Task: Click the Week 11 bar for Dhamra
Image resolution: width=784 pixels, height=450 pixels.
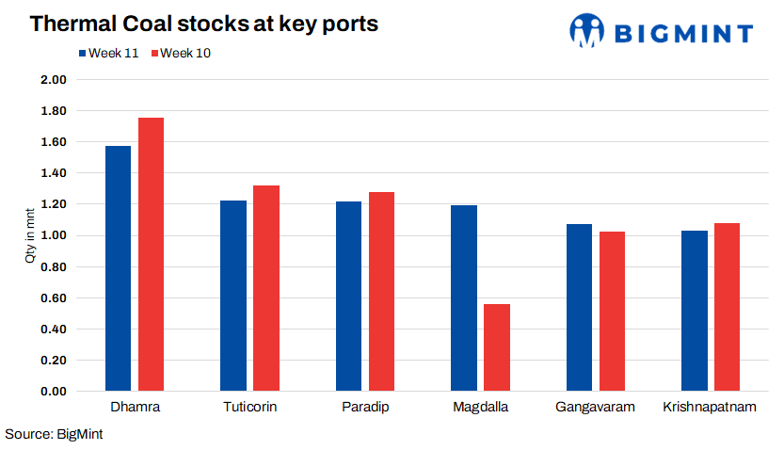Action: [118, 268]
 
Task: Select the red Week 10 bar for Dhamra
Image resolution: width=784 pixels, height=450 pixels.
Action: [151, 254]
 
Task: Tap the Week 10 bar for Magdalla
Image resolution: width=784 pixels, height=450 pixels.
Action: [497, 347]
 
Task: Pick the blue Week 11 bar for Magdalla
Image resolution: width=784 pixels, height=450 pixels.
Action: [464, 297]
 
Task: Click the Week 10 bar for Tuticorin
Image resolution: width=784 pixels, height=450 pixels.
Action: [266, 288]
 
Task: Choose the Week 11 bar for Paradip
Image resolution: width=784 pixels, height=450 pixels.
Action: [348, 297]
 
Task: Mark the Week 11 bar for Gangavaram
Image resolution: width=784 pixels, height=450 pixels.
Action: [579, 307]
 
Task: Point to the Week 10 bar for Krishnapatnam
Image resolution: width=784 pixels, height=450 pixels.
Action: [728, 307]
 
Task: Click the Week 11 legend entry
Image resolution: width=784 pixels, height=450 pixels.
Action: [109, 53]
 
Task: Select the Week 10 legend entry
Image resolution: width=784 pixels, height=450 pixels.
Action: [181, 53]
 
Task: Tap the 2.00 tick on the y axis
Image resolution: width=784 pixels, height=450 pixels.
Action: [54, 80]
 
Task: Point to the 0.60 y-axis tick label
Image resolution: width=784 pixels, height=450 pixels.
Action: [54, 298]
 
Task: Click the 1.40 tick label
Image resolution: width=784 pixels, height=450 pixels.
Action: [54, 173]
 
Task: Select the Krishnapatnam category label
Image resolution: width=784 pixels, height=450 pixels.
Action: [711, 408]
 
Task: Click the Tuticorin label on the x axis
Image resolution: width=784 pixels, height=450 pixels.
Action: [250, 408]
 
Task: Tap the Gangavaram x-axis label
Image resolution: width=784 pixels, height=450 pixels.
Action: [595, 408]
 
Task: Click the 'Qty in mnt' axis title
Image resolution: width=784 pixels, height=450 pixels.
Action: [29, 235]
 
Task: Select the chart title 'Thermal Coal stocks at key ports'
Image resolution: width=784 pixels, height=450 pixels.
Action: [203, 24]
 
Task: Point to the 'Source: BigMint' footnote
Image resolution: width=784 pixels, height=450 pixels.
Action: [54, 434]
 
